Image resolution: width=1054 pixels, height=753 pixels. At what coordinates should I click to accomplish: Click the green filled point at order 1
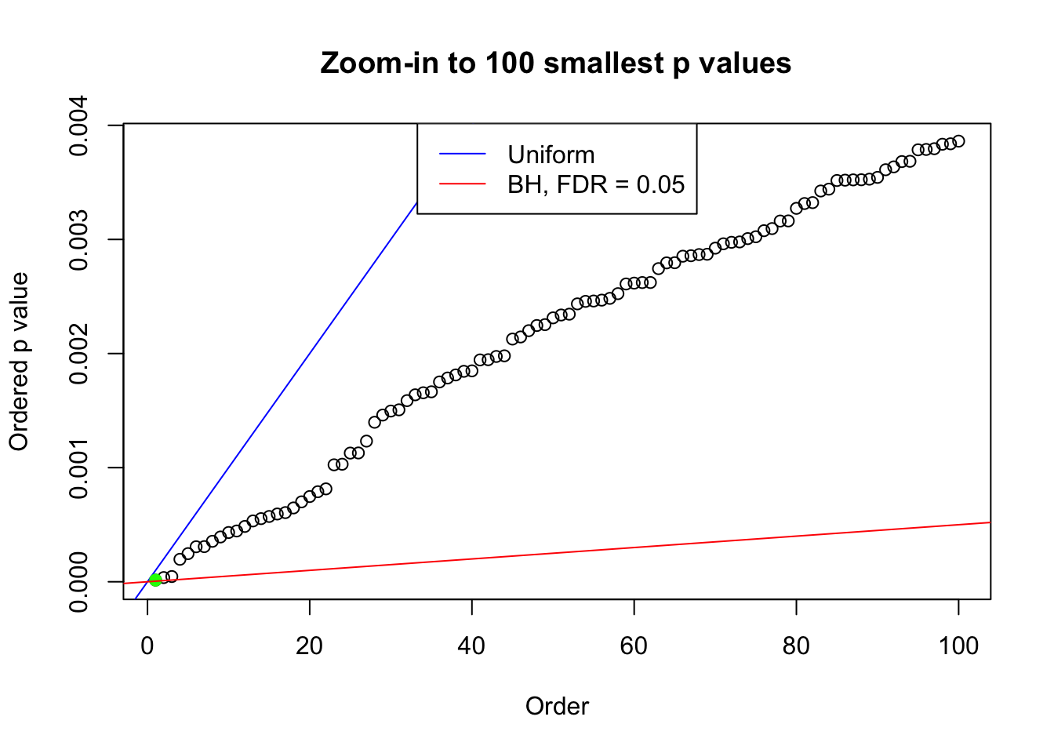click(x=155, y=580)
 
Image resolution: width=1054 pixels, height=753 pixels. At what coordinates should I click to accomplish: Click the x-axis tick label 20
click(x=310, y=646)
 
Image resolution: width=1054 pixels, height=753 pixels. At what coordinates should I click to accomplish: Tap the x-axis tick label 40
click(x=472, y=646)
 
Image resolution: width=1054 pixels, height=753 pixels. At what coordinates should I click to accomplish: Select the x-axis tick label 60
click(x=634, y=646)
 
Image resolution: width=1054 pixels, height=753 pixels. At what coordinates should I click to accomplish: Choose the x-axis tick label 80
click(x=797, y=646)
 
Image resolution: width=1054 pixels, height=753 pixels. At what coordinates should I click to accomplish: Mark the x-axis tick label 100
click(x=958, y=646)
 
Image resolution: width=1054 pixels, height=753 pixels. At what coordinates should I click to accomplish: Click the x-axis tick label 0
click(x=147, y=646)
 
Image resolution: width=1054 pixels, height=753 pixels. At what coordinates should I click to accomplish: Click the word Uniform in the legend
click(x=551, y=155)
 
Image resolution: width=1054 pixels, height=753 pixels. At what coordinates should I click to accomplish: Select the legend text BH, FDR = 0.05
click(x=596, y=184)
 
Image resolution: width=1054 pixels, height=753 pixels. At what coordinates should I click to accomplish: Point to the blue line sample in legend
click(x=463, y=155)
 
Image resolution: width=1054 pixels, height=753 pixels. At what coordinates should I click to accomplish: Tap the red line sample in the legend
click(x=463, y=184)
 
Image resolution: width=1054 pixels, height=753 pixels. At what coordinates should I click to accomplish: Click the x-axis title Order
click(x=557, y=706)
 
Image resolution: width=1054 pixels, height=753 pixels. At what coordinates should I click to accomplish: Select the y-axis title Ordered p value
click(x=19, y=362)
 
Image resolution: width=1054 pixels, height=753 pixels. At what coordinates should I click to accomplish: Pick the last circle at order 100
click(x=958, y=141)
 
